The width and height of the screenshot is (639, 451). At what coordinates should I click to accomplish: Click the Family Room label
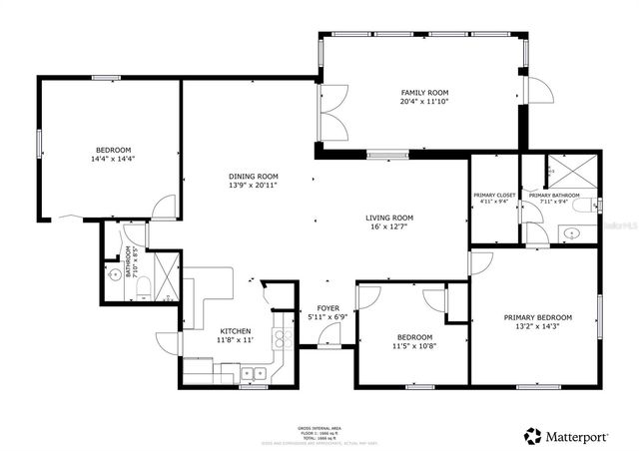pyautogui.click(x=420, y=91)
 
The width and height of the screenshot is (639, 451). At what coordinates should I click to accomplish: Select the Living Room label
pyautogui.click(x=389, y=218)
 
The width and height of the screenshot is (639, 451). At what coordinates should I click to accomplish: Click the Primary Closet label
pyautogui.click(x=493, y=196)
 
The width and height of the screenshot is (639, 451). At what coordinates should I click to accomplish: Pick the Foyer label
pyautogui.click(x=326, y=307)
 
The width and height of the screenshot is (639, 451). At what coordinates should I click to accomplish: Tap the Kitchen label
pyautogui.click(x=236, y=331)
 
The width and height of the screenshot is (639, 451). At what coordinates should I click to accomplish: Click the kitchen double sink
pyautogui.click(x=253, y=374)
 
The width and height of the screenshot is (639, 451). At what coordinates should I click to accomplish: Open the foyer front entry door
pyautogui.click(x=326, y=340)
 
